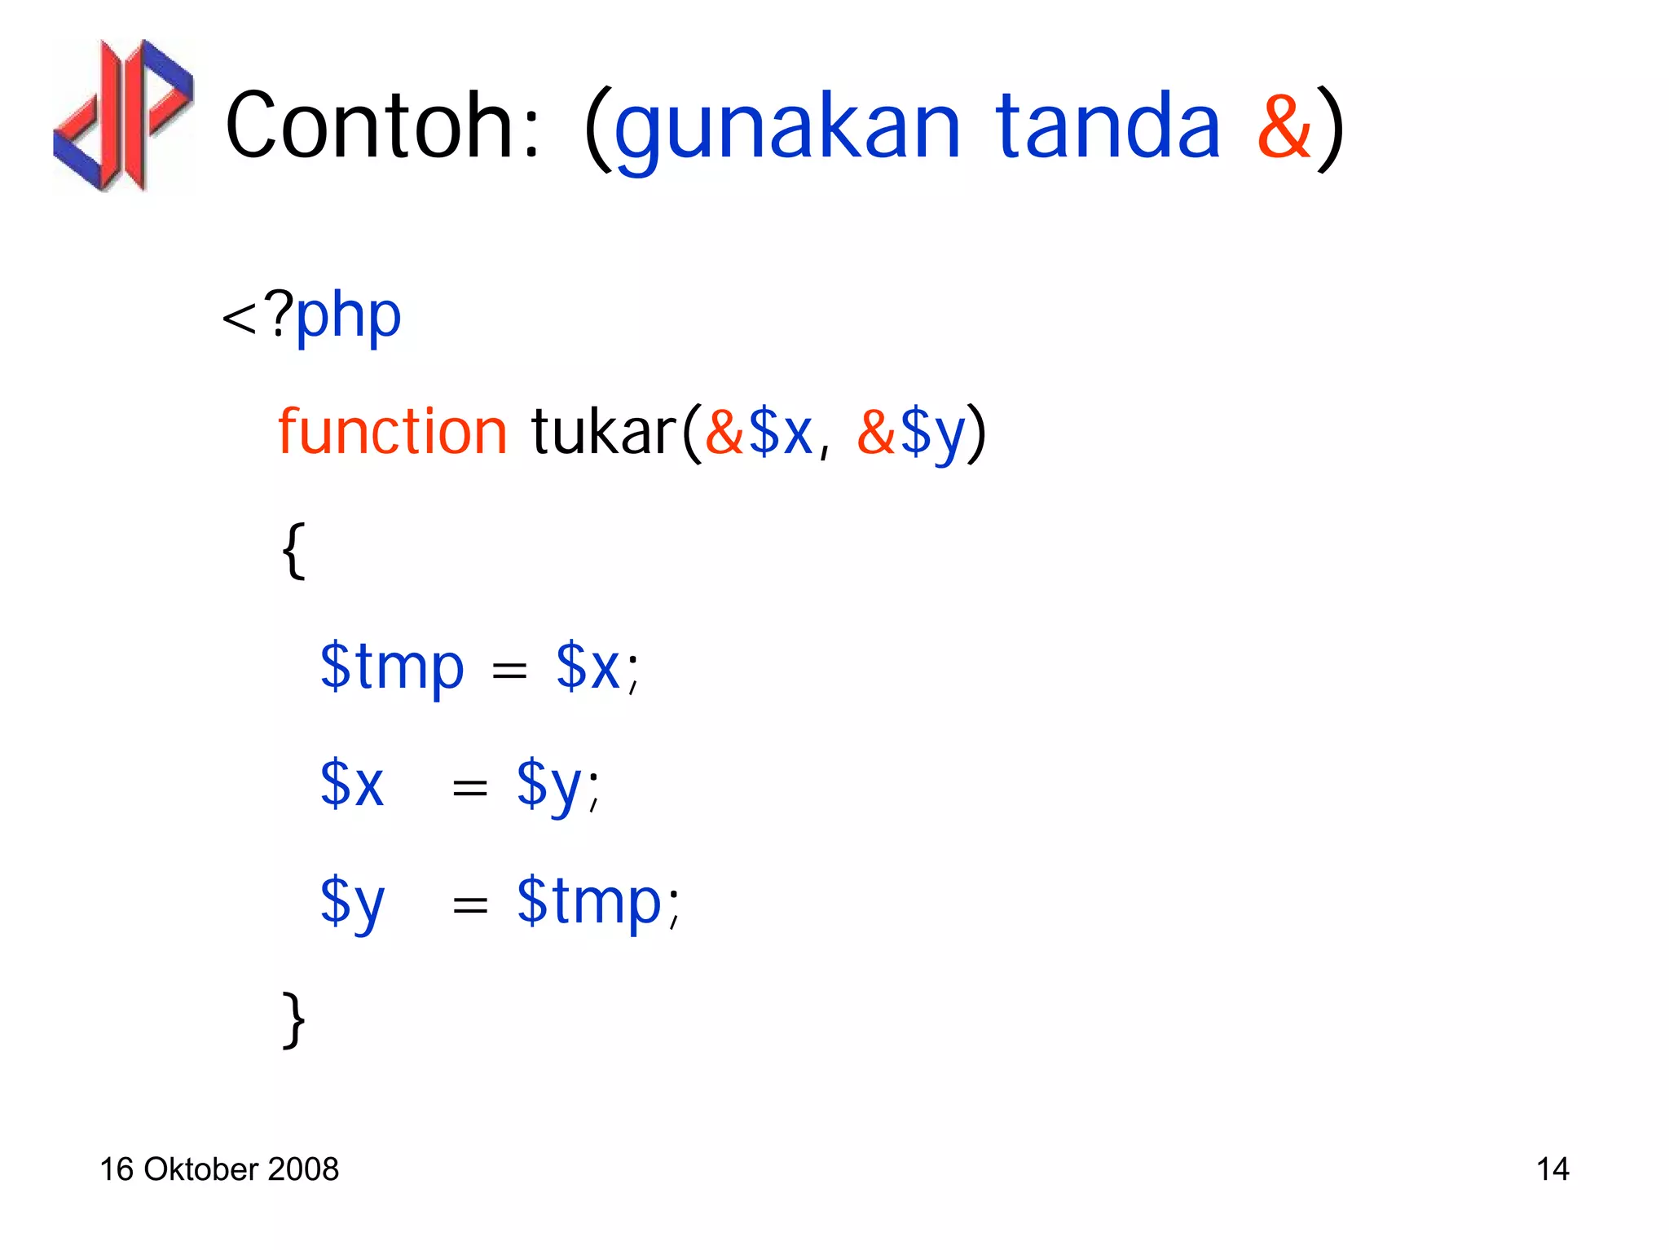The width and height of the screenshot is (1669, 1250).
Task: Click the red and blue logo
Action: point(123,115)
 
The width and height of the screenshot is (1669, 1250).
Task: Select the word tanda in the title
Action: point(1108,126)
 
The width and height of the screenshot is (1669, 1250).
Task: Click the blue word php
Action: point(348,316)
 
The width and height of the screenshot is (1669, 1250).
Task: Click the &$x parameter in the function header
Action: point(759,432)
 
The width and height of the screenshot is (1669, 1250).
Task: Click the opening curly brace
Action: point(293,551)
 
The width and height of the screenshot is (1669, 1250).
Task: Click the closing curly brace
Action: point(293,1019)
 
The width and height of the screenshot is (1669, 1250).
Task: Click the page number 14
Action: point(1552,1169)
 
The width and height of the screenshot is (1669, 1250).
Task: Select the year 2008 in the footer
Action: point(303,1169)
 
